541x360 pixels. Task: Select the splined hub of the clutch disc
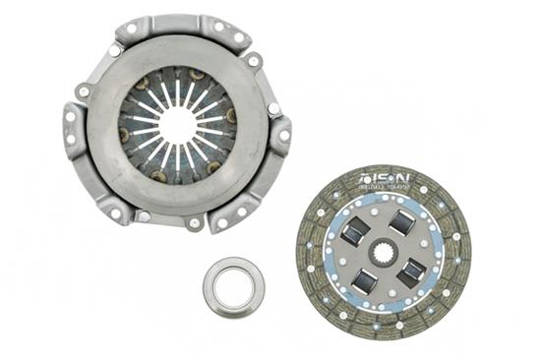(x=384, y=253)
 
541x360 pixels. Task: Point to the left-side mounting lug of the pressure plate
(x=74, y=128)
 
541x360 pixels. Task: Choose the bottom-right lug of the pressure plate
(x=236, y=209)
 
